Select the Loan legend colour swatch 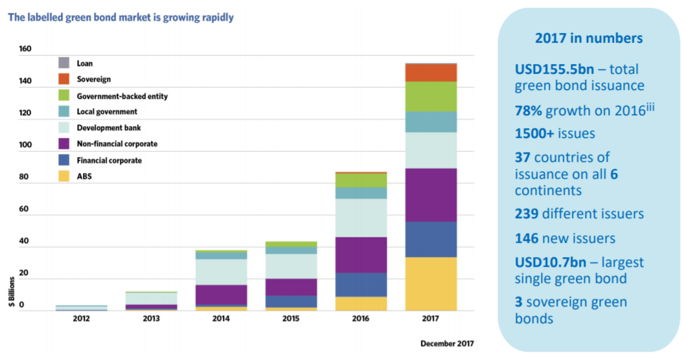63,63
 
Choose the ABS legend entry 85,176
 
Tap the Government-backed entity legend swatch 63,96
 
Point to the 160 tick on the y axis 25,49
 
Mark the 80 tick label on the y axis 25,177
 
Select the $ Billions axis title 12,295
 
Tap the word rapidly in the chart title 216,18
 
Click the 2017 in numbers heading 588,38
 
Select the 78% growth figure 529,110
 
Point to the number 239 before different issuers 529,214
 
